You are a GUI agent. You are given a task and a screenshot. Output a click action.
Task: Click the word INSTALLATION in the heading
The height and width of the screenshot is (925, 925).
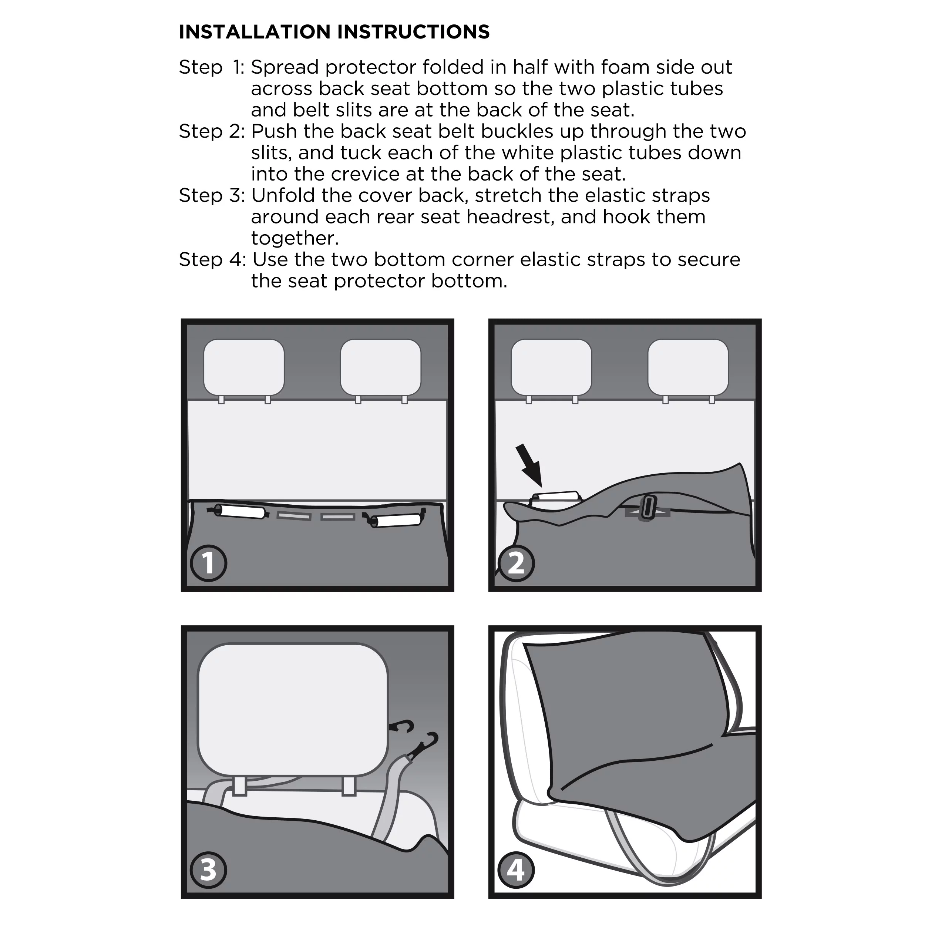coord(255,32)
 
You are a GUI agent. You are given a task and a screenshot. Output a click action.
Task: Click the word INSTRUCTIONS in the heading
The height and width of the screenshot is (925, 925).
coord(414,32)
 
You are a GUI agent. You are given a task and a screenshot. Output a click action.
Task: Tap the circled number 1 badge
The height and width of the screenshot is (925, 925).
coord(208,563)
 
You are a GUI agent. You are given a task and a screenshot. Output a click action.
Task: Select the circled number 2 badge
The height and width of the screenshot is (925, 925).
coord(516,563)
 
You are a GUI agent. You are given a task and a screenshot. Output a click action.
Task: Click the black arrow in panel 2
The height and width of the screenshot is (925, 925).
coord(529,466)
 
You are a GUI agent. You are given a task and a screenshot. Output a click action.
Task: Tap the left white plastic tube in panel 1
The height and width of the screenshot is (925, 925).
coord(239,511)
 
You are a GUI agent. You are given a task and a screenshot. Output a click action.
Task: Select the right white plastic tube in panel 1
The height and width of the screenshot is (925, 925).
coord(396,521)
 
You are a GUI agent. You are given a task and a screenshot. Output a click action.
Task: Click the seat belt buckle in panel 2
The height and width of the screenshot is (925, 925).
coord(649,508)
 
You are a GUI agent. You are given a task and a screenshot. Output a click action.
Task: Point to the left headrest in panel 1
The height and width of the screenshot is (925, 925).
coord(244,367)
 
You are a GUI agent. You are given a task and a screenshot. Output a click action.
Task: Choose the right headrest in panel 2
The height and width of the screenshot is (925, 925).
coord(688,367)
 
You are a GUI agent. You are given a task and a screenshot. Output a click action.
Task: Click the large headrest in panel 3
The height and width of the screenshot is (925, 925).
coord(293,710)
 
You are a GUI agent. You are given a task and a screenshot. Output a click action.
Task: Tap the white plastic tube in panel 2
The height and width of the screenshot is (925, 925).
coord(555,497)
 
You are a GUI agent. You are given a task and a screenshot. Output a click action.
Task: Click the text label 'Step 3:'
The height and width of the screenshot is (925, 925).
coord(212,196)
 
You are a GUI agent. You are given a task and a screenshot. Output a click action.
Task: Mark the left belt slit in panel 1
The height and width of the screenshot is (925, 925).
coord(293,516)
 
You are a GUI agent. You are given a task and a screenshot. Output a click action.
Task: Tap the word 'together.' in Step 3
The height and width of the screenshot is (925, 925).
coord(295,238)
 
